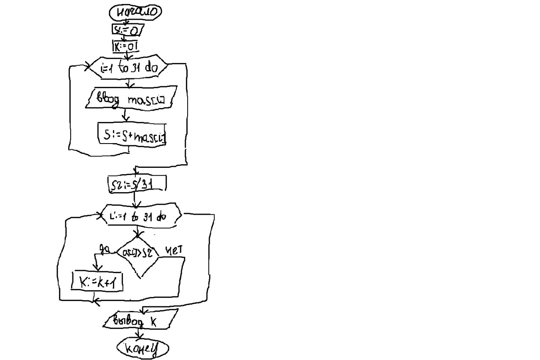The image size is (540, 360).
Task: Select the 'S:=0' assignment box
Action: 127,30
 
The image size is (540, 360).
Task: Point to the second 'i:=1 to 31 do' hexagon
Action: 140,216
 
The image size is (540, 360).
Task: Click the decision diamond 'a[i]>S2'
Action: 138,253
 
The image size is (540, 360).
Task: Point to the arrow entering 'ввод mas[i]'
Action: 130,84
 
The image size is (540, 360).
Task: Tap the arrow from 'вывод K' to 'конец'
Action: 140,334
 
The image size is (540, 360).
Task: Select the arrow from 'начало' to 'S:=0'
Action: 126,22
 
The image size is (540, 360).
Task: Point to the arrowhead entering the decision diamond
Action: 138,235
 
